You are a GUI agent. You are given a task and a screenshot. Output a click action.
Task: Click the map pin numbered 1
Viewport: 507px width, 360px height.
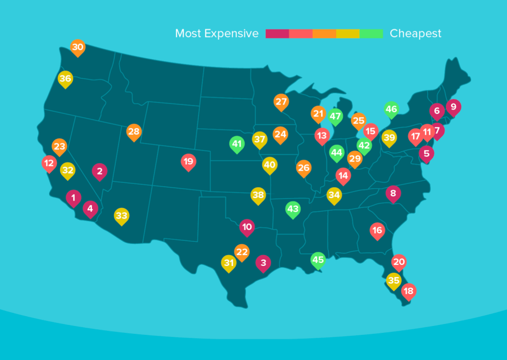(73, 198)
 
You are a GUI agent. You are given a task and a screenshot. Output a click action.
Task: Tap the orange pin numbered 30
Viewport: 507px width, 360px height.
(77, 47)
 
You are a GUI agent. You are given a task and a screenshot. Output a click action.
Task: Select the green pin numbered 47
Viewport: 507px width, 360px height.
(335, 117)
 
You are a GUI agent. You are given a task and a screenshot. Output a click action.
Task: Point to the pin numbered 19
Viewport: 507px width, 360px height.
(188, 162)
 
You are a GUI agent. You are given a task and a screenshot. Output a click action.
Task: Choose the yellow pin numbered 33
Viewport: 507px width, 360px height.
(122, 216)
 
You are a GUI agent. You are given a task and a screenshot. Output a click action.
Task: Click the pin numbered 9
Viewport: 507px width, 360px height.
(453, 106)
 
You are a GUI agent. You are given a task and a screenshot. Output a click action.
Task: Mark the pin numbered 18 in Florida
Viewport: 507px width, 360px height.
(408, 291)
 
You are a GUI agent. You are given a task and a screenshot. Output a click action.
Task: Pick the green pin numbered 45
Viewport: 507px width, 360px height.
(318, 260)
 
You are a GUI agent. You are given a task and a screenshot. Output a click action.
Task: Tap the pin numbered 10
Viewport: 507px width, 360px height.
(247, 227)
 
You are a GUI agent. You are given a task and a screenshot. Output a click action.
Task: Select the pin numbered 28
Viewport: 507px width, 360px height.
(134, 131)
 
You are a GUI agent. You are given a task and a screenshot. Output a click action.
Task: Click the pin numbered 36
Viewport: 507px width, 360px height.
(65, 79)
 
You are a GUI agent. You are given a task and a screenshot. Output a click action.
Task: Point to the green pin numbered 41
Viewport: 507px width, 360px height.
(237, 144)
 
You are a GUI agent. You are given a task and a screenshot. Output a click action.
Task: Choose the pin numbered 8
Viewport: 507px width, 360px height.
(393, 194)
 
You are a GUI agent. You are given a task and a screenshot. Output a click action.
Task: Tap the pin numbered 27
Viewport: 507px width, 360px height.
(281, 102)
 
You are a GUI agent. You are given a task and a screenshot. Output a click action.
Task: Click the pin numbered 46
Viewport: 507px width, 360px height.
(391, 109)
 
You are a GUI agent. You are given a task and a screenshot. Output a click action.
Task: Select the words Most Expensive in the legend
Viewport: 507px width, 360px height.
(217, 33)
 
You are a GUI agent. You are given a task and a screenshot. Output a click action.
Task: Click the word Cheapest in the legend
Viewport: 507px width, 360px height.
(415, 33)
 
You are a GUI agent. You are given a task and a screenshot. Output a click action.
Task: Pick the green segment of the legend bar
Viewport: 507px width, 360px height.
(371, 33)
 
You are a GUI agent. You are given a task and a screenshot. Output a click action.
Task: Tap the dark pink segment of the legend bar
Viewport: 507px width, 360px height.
(277, 33)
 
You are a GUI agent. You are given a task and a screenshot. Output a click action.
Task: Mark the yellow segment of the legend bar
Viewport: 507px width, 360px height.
(348, 33)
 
